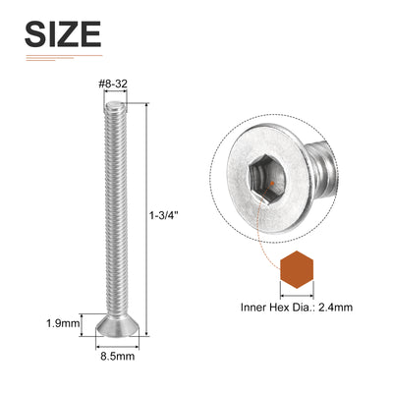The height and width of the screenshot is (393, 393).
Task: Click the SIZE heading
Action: coord(63,34)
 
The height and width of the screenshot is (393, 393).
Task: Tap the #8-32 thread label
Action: coord(113,84)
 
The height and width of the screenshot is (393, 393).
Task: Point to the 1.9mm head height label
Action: coord(63,323)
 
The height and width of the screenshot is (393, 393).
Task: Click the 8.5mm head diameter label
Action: coord(117,356)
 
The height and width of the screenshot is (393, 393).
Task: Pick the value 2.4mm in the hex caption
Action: coord(336,308)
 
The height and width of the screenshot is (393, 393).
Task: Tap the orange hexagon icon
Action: coord(297,269)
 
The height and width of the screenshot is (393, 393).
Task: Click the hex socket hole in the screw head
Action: coord(267,180)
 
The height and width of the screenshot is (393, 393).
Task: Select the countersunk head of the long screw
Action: coord(117,326)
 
